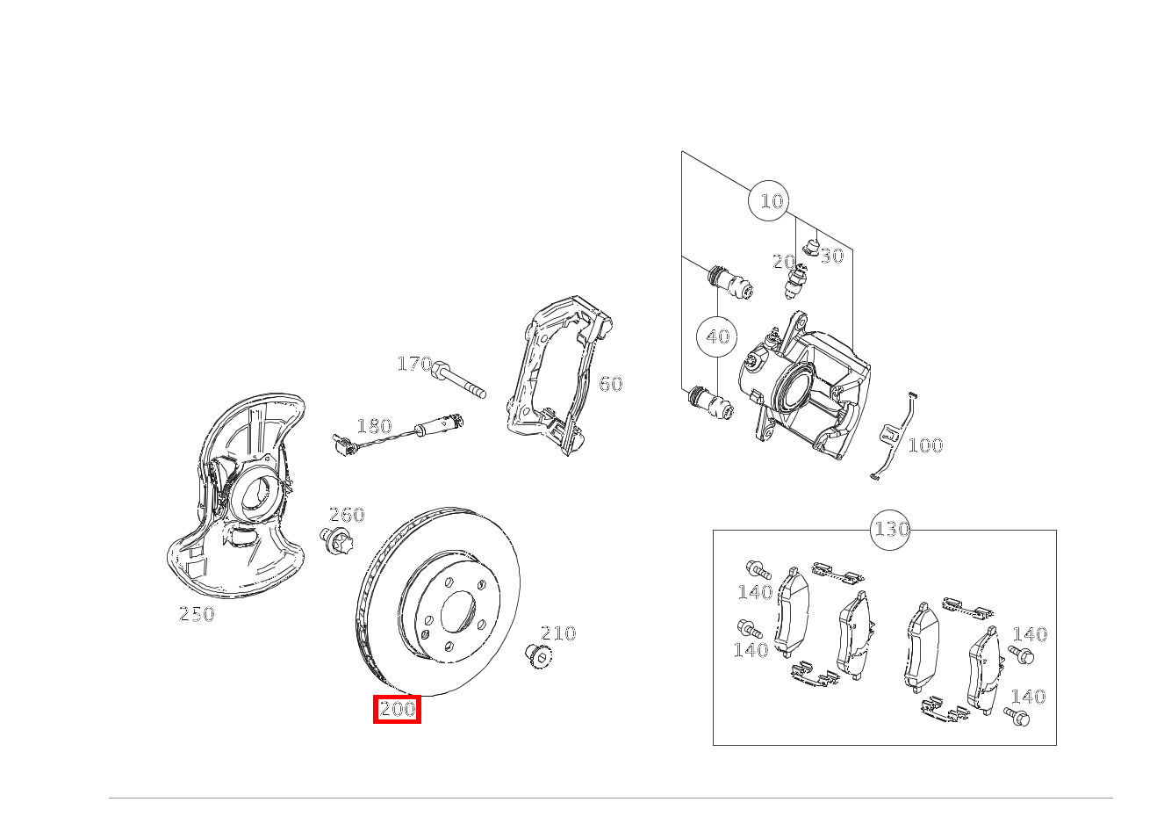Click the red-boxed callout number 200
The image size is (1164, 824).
tap(398, 709)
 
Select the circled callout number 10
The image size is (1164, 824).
tap(770, 201)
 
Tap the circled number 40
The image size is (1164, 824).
tap(718, 336)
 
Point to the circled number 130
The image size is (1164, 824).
tap(891, 530)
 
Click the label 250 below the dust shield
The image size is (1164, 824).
tap(197, 615)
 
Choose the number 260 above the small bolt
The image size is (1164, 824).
tap(346, 515)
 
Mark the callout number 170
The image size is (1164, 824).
tap(413, 364)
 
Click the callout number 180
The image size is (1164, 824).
tap(374, 426)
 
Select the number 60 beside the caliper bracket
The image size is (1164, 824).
tap(610, 384)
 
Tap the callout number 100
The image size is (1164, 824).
tap(924, 445)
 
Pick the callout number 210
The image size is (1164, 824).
tap(557, 633)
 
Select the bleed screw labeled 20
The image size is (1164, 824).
tap(797, 280)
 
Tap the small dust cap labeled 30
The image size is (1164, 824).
tap(811, 246)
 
